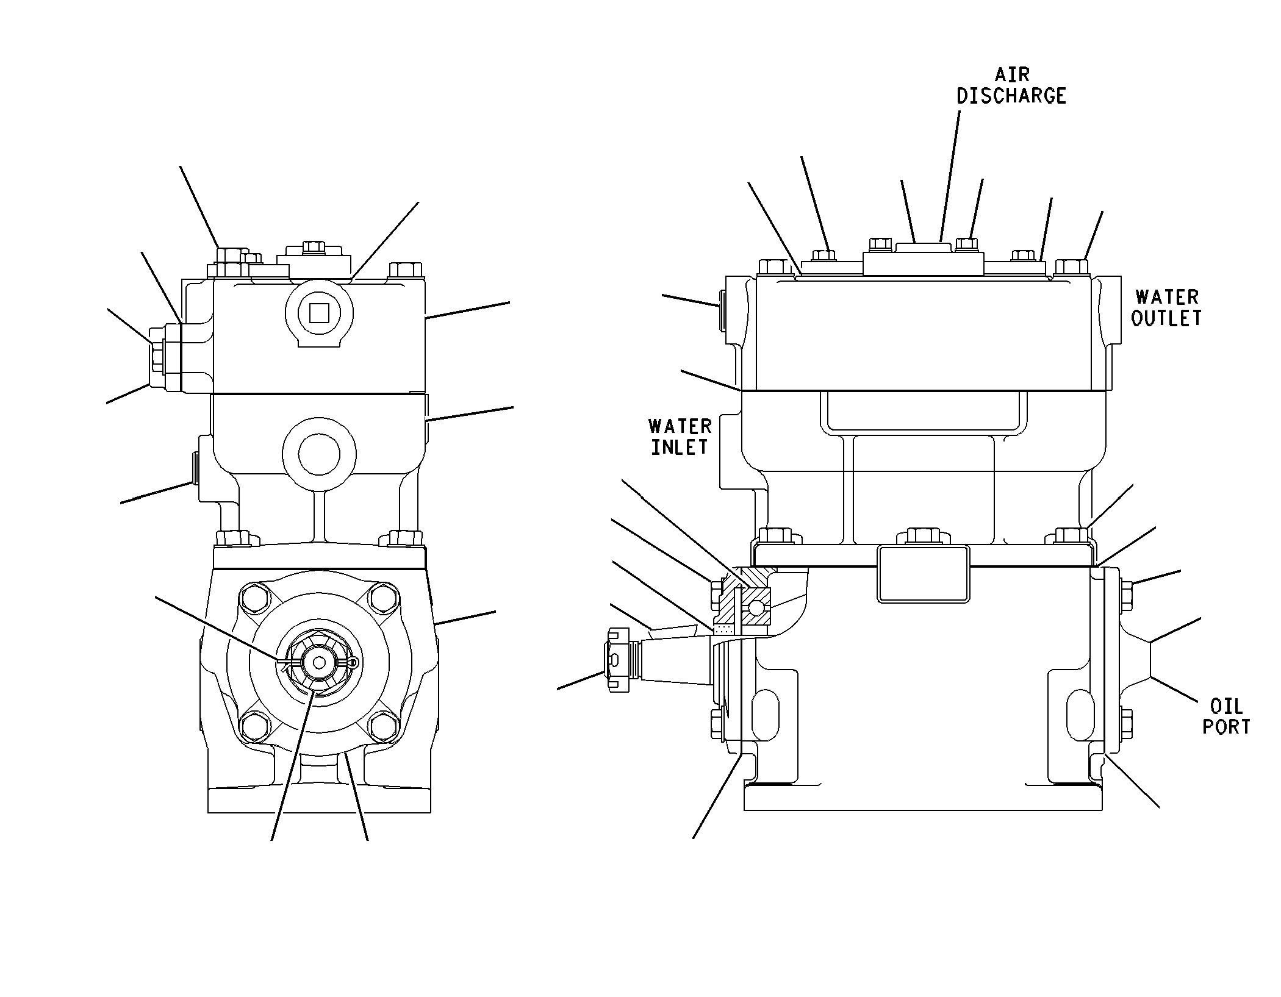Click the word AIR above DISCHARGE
[x=1012, y=74]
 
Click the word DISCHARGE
[x=1011, y=96]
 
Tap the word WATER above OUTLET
[x=1167, y=297]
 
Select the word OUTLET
[x=1166, y=318]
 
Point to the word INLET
[x=679, y=447]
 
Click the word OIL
[x=1226, y=706]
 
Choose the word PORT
[x=1226, y=727]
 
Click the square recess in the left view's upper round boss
[x=319, y=314]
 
